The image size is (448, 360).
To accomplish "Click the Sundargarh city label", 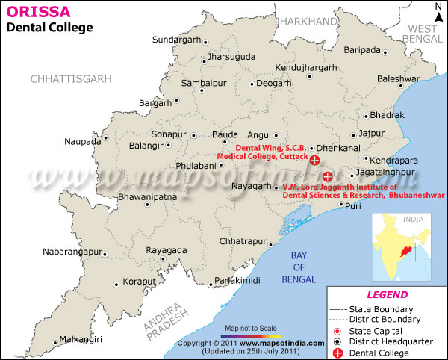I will click(x=176, y=40).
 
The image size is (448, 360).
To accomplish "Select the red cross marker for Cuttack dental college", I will click(x=315, y=160).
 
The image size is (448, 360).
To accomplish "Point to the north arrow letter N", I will click(x=438, y=7).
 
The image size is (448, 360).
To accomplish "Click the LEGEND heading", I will click(x=386, y=294).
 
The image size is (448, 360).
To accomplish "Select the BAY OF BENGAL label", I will click(x=297, y=267).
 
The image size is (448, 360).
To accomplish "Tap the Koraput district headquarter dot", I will click(x=116, y=285).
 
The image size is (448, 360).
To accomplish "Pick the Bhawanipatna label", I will click(x=148, y=197).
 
